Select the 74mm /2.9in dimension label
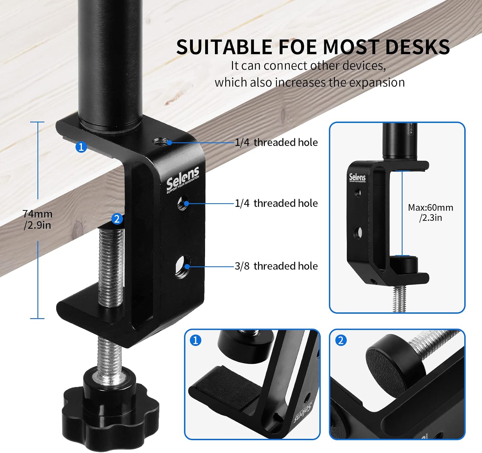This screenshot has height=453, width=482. [37, 219]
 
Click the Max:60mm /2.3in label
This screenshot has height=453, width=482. [431, 212]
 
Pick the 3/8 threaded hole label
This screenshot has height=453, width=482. [276, 266]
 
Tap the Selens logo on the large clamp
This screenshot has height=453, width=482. [183, 180]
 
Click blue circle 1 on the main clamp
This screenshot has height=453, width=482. [81, 147]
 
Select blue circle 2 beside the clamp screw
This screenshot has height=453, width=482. [117, 219]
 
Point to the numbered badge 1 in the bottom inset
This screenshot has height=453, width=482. [196, 340]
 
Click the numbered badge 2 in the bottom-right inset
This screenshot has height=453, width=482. [341, 340]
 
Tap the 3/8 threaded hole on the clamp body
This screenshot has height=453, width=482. [183, 267]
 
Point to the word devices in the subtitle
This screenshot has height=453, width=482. [364, 66]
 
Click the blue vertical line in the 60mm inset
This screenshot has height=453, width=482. [402, 213]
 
